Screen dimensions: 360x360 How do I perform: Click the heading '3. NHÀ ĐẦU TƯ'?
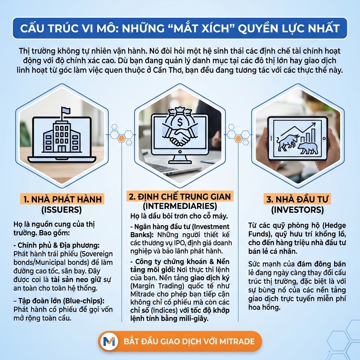tap(297, 199)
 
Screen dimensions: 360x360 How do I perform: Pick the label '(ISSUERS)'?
tap(62, 210)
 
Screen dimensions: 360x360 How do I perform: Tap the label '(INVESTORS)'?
tap(297, 210)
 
